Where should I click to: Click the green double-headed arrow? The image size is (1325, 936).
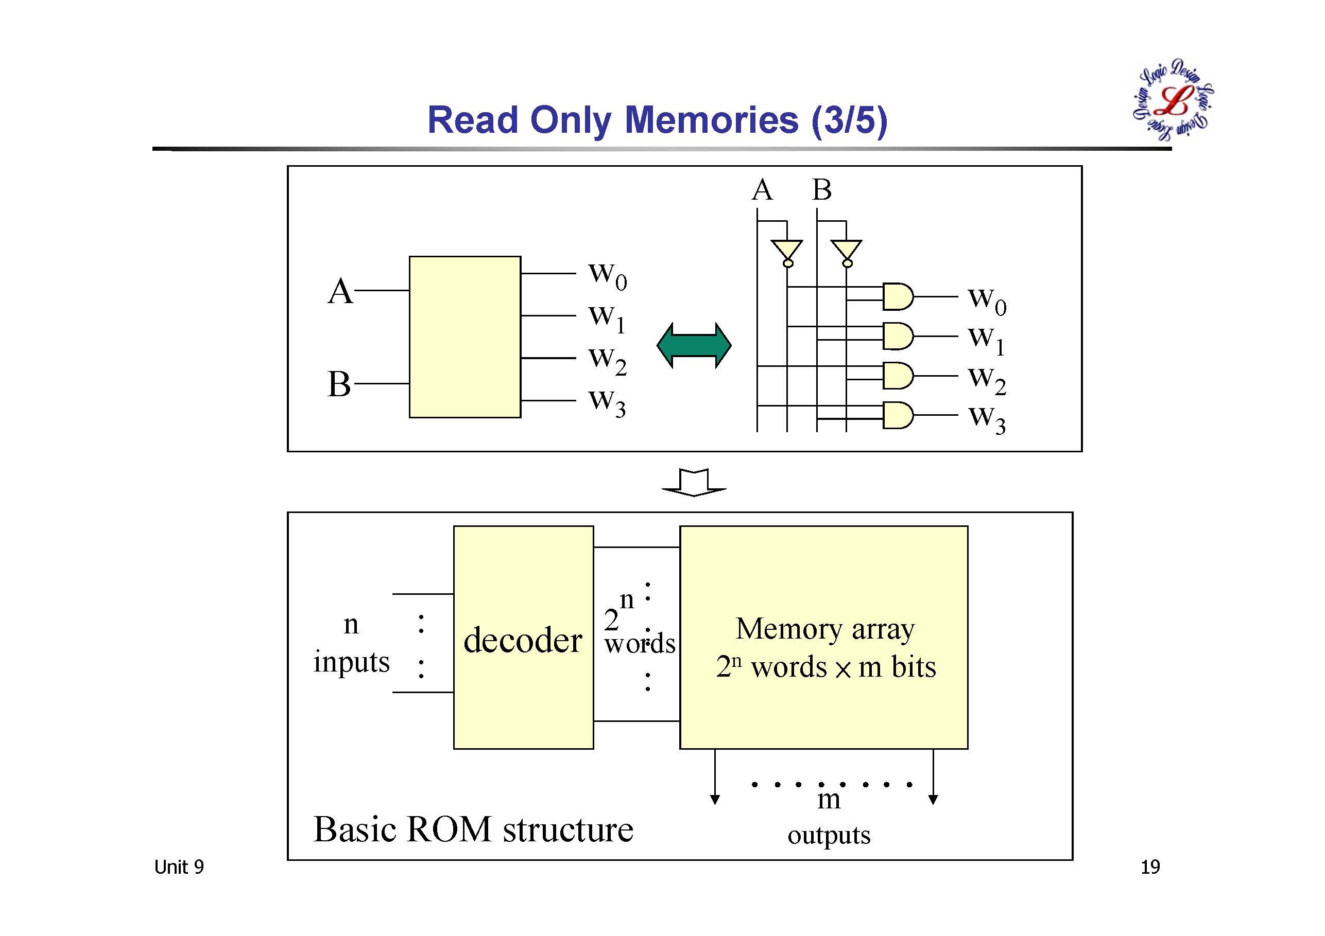694,345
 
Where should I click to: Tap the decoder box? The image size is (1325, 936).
523,637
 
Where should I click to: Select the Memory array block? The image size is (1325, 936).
823,637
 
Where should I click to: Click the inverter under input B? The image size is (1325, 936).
847,252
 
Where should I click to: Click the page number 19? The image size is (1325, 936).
1149,867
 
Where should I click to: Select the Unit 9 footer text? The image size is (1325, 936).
179,867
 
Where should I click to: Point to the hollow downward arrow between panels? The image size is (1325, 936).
694,482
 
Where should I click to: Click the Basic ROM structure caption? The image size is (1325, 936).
473,829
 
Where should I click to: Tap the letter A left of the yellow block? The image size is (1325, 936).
340,291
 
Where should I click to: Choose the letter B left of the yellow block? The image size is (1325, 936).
339,384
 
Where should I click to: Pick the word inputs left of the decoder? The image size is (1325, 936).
351,662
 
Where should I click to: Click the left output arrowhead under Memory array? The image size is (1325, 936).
715,799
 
